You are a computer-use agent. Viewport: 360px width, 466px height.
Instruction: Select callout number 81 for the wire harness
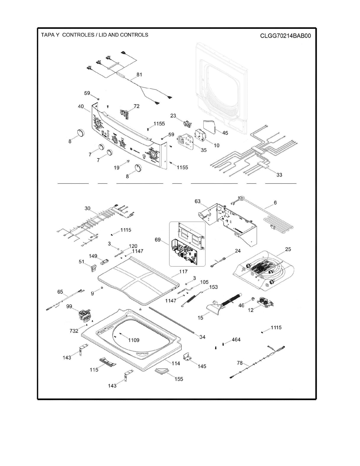[x=139, y=74]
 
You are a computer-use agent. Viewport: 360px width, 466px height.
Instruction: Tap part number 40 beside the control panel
[x=80, y=106]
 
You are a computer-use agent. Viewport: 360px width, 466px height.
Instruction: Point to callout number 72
[x=136, y=106]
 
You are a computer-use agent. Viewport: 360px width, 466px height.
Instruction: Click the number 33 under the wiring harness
[x=279, y=175]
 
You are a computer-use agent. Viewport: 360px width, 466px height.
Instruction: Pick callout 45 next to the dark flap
[x=225, y=133]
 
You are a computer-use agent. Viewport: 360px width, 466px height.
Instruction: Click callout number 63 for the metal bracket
[x=197, y=201]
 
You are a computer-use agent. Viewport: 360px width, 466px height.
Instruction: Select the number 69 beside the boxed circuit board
[x=158, y=239]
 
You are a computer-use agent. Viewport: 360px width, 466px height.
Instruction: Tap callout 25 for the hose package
[x=288, y=249]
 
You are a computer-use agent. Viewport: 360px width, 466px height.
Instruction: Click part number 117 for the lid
[x=183, y=271]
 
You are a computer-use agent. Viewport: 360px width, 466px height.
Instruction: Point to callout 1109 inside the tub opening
[x=133, y=340]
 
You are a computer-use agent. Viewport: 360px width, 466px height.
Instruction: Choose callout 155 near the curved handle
[x=179, y=379]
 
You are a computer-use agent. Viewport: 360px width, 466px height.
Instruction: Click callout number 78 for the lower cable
[x=240, y=362]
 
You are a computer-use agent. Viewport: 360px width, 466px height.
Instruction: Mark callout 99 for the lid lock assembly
[x=69, y=306]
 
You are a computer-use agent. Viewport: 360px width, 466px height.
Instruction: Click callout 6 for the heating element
[x=275, y=203]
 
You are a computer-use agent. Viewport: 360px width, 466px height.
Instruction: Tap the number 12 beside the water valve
[x=251, y=310]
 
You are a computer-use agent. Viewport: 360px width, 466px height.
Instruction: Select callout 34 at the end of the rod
[x=202, y=337]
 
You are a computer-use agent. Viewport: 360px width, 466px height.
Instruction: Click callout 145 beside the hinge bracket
[x=202, y=366]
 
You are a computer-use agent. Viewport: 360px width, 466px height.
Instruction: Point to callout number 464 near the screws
[x=236, y=340]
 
